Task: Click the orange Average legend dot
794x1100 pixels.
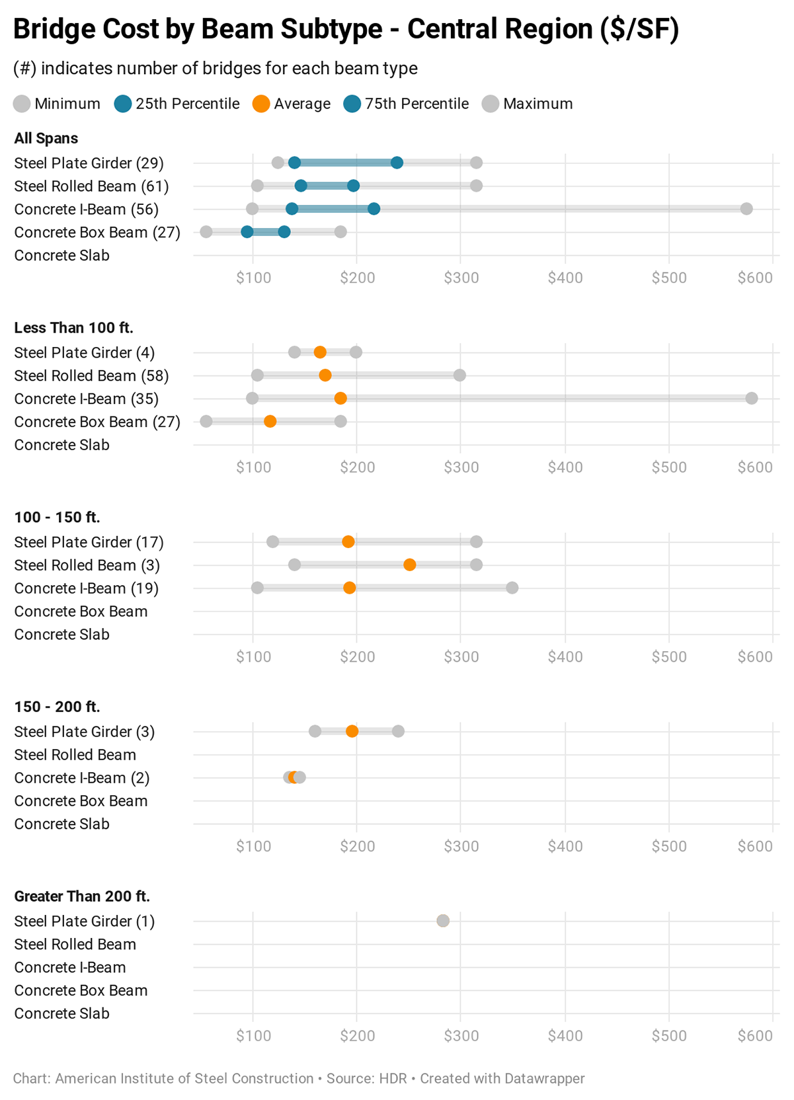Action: pyautogui.click(x=261, y=104)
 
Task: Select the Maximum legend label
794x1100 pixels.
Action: pyautogui.click(x=537, y=104)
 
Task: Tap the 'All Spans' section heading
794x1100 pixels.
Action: pyautogui.click(x=46, y=138)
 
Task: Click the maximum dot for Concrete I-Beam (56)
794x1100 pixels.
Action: pyautogui.click(x=746, y=209)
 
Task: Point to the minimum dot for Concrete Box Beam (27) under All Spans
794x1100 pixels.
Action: pyautogui.click(x=206, y=232)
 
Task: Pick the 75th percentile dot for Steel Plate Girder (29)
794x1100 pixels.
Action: pyautogui.click(x=397, y=163)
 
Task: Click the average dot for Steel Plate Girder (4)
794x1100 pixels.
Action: pyautogui.click(x=320, y=352)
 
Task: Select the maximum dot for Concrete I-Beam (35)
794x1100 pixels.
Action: pyautogui.click(x=752, y=399)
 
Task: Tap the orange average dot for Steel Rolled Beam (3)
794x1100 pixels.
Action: pyautogui.click(x=410, y=565)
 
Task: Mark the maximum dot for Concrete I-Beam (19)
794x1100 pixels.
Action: pyautogui.click(x=512, y=588)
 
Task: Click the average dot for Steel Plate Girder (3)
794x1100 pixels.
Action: pyautogui.click(x=352, y=731)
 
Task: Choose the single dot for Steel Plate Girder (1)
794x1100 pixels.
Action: pyautogui.click(x=443, y=921)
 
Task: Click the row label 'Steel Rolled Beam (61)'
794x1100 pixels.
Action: pyautogui.click(x=91, y=186)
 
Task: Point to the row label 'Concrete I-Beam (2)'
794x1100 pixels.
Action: pyautogui.click(x=82, y=778)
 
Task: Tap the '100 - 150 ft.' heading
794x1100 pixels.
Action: pyautogui.click(x=57, y=518)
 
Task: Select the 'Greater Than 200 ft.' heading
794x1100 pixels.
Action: pyautogui.click(x=82, y=896)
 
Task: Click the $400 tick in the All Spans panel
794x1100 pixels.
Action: pyautogui.click(x=565, y=278)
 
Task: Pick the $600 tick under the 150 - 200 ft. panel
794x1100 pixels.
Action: pyautogui.click(x=755, y=846)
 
